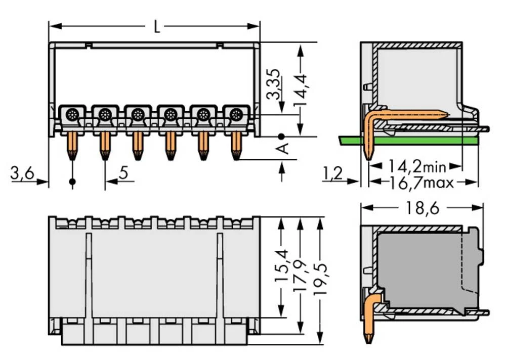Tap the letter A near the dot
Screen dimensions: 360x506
284,148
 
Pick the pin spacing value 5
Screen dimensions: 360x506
123,174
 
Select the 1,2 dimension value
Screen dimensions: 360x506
332,174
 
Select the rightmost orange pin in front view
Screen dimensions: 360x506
235,147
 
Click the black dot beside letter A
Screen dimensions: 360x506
281,136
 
